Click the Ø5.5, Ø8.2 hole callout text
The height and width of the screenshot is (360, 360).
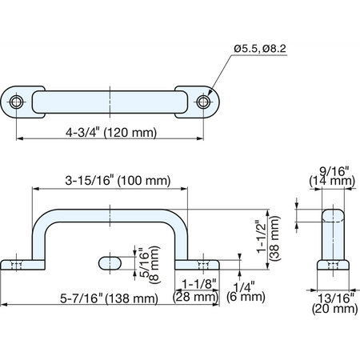(x=260, y=49)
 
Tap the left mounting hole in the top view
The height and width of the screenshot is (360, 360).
(x=16, y=102)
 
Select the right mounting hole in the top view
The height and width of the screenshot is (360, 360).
(x=203, y=102)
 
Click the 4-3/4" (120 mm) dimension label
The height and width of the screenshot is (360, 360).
(x=111, y=133)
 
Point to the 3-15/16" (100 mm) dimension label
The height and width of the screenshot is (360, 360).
(x=118, y=181)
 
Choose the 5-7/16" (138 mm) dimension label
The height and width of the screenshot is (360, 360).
(x=109, y=298)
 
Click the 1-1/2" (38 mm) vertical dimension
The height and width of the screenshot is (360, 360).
(x=268, y=238)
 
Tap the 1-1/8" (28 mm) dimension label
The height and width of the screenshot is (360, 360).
(x=196, y=290)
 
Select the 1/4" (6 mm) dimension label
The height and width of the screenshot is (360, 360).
(x=246, y=292)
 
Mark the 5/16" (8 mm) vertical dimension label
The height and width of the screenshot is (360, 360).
(x=150, y=265)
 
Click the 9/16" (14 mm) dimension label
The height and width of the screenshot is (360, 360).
(x=332, y=176)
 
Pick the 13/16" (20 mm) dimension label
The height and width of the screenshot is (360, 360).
(x=334, y=303)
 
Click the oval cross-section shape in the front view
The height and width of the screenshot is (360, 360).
(x=110, y=263)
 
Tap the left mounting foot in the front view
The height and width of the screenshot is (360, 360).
(x=22, y=265)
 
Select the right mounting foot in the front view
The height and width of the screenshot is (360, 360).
(x=197, y=265)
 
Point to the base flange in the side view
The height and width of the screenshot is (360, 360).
(x=333, y=265)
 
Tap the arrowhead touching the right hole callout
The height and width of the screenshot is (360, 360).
(x=210, y=92)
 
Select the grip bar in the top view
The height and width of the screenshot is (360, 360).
(x=110, y=102)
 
